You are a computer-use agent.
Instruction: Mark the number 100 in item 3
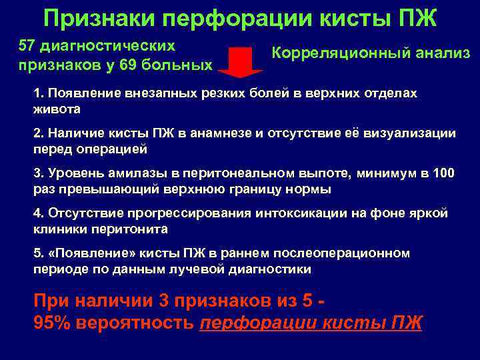[443, 173]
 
